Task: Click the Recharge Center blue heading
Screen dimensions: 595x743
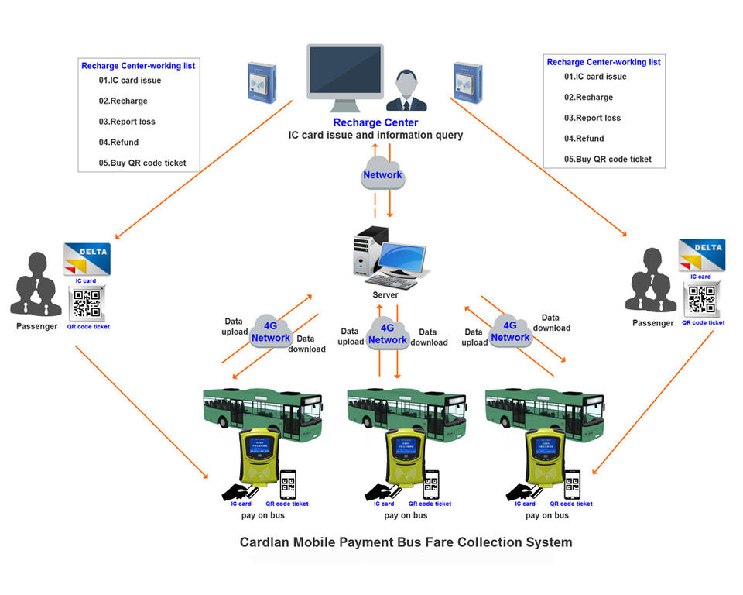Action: [x=375, y=122]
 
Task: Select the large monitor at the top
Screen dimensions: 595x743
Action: [x=345, y=74]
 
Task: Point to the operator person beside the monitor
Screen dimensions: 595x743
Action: [x=406, y=91]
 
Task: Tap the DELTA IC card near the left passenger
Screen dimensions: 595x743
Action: [x=86, y=259]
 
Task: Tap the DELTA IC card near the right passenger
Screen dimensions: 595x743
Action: [x=701, y=255]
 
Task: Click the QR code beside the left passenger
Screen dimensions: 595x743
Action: [x=87, y=303]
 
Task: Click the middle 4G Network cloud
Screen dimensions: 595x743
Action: [x=387, y=333]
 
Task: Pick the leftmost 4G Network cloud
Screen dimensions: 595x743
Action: [x=270, y=331]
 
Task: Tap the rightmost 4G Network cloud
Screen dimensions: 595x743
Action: [x=510, y=330]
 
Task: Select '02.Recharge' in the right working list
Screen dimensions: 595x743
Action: [x=588, y=98]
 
